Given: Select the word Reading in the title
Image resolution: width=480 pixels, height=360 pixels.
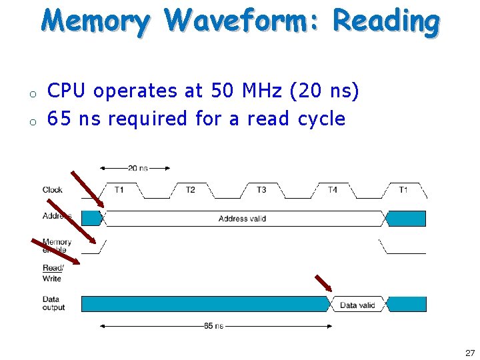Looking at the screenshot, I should [x=386, y=21].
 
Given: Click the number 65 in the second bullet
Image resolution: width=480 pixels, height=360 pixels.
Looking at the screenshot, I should [x=59, y=119].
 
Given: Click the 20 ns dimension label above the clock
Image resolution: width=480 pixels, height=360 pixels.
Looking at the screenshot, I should [x=138, y=168].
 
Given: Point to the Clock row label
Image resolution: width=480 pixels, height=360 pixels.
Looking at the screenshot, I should [x=53, y=190].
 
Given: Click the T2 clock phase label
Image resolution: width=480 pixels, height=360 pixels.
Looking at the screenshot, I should [x=190, y=190].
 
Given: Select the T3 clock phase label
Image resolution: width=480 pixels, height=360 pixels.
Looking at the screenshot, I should [x=261, y=190].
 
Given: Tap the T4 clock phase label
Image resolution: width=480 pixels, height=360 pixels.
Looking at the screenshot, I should [x=332, y=190].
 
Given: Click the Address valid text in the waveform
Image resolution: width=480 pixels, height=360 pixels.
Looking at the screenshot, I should [x=242, y=219].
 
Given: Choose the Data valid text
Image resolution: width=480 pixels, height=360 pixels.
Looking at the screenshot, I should [x=357, y=305].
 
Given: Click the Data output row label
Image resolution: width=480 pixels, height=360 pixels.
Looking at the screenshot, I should [x=53, y=303].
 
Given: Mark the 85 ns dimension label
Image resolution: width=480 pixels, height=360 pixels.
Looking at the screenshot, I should [x=213, y=326].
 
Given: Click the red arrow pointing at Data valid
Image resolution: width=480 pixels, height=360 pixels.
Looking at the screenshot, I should [x=323, y=283].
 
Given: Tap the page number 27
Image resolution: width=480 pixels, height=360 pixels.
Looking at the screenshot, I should [x=470, y=353].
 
